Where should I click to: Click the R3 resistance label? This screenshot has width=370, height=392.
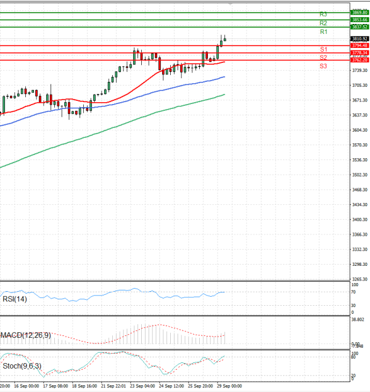(323, 14)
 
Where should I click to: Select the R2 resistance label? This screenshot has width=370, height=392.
(323, 23)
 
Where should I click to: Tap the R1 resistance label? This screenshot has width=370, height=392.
(323, 31)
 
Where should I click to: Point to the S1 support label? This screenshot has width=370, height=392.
(323, 49)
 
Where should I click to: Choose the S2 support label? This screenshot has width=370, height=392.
(323, 57)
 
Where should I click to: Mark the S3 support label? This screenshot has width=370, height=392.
(323, 65)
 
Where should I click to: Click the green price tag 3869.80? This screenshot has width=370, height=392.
(360, 12)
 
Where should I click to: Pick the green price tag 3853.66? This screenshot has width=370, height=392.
(360, 20)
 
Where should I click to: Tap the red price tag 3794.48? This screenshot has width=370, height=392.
(360, 46)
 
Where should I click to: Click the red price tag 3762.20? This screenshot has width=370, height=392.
(360, 60)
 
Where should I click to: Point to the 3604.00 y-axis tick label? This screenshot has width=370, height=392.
(360, 130)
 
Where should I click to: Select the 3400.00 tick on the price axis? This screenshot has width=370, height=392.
(360, 220)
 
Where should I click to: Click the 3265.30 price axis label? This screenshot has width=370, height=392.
(360, 279)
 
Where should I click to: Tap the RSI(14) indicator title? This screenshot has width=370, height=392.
(15, 299)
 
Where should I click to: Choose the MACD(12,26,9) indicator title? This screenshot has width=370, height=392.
(27, 335)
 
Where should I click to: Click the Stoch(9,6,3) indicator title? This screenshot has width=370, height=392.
(21, 366)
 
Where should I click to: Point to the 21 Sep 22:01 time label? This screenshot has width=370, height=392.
(113, 386)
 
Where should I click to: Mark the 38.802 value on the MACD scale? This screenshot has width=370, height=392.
(358, 320)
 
